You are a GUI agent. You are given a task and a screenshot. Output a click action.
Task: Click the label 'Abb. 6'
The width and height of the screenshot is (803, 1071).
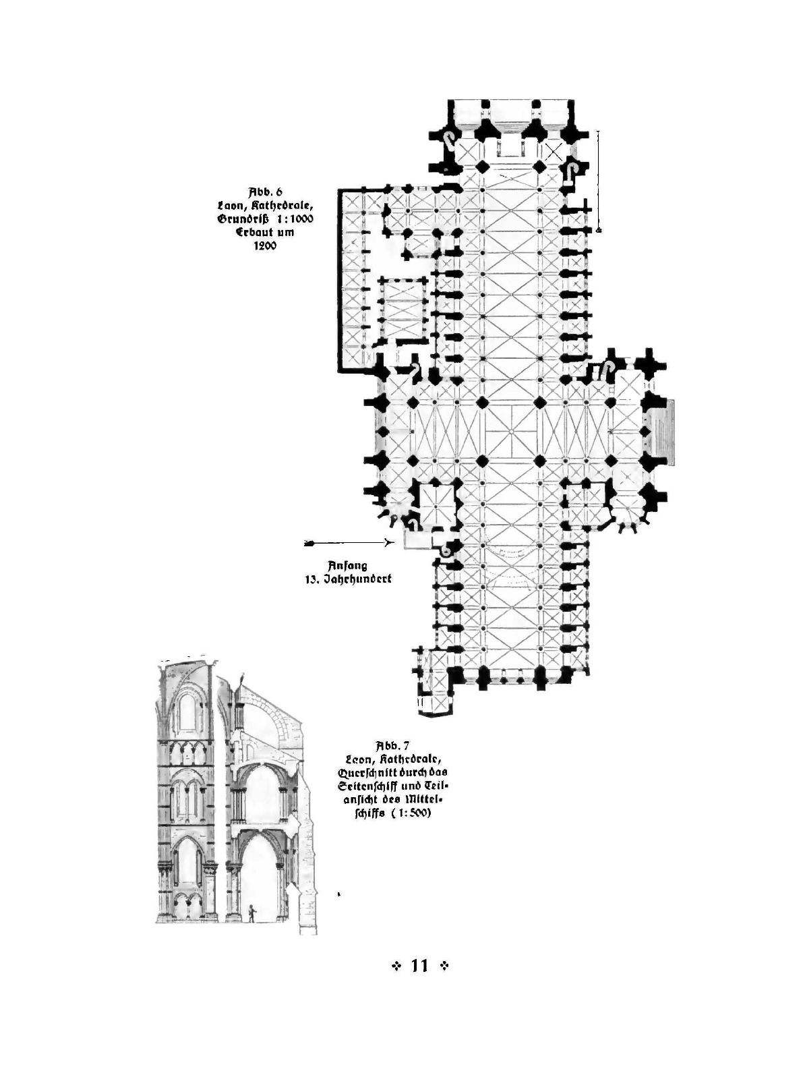click(265, 190)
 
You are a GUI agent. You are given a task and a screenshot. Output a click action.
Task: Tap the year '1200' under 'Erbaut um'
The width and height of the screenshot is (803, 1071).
click(265, 246)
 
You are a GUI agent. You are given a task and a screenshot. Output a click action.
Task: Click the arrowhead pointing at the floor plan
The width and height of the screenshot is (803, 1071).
click(388, 542)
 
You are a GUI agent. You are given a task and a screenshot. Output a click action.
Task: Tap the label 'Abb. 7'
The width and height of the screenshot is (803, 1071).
click(392, 745)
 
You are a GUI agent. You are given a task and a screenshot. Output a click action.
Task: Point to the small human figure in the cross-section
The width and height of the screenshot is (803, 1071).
click(251, 914)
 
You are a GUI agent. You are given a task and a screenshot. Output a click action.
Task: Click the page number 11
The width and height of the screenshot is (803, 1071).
click(419, 966)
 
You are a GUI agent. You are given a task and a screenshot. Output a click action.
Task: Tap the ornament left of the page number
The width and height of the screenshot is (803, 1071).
click(396, 966)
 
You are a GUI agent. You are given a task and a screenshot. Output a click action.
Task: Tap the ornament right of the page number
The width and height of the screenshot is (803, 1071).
click(444, 966)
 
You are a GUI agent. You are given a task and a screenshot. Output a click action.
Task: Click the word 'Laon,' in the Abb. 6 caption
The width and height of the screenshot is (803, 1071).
click(229, 204)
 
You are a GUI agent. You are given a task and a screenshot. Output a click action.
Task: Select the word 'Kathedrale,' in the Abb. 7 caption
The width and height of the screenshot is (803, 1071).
click(413, 759)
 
